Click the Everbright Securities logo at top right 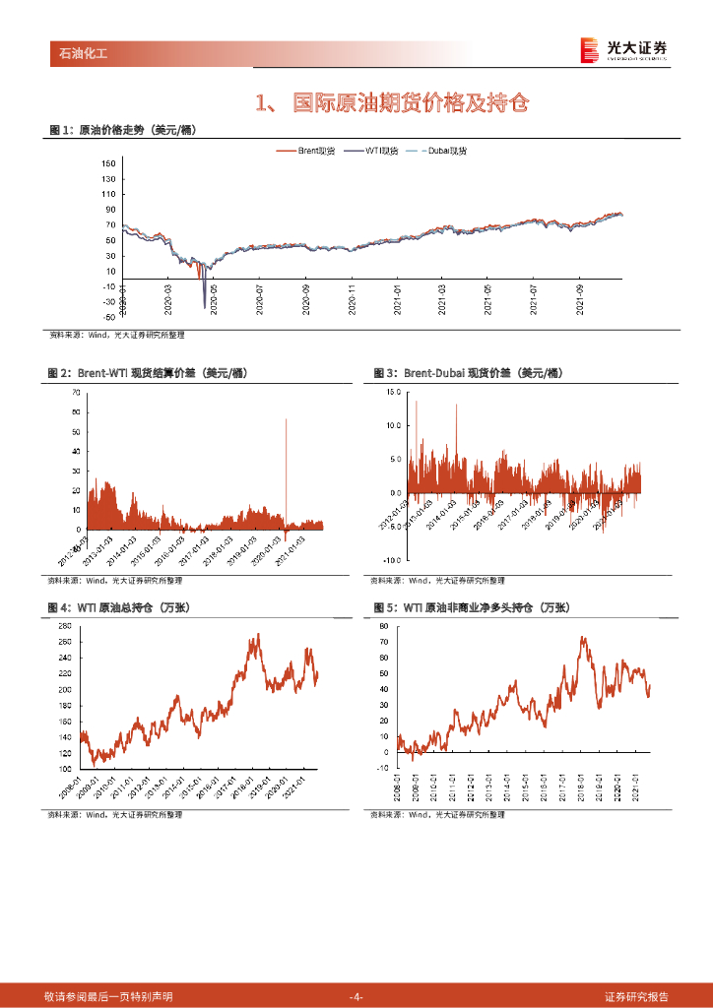622,50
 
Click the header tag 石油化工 78,53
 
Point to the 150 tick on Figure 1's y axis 108,163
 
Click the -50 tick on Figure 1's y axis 108,317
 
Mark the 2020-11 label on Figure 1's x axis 352,296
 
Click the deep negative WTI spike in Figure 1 205,306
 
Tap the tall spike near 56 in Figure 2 287,420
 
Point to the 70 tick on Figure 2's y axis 76,392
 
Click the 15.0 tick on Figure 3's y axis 393,392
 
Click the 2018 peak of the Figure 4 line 258,636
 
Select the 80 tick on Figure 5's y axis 384,625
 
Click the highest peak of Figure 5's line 584,638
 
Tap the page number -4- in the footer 356,996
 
